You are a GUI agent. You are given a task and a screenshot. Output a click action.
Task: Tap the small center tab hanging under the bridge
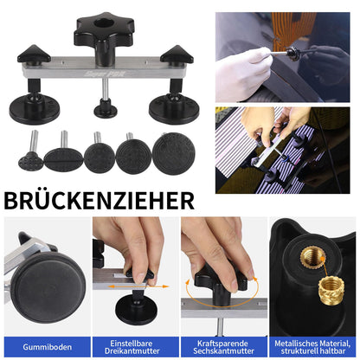(x=105, y=106)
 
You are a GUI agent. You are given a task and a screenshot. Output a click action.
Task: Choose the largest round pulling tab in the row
(x=173, y=153)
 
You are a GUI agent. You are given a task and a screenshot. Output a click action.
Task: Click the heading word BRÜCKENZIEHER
(x=100, y=201)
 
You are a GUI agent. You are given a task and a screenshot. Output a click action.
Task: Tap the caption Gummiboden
(x=45, y=342)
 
